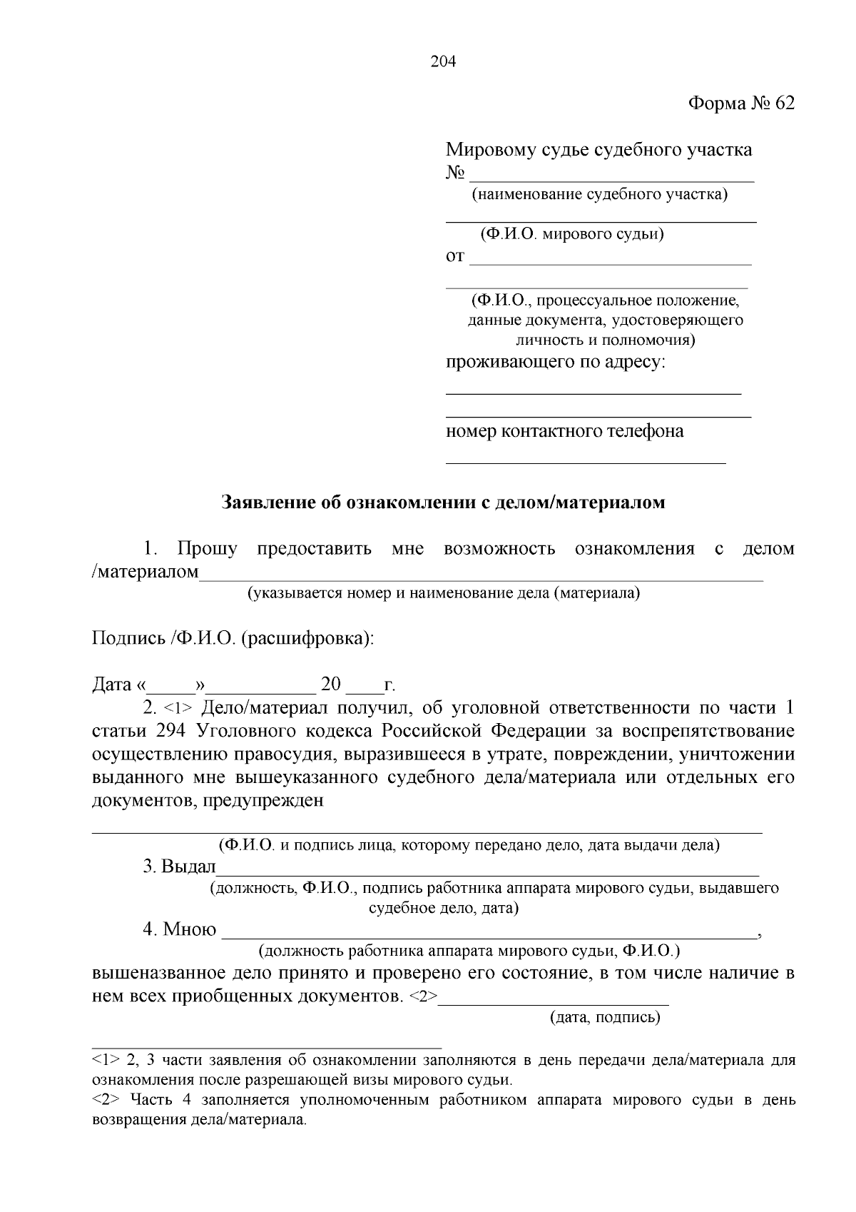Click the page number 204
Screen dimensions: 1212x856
(443, 61)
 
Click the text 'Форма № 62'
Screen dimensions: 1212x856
(740, 104)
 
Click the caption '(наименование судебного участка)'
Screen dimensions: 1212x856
(599, 195)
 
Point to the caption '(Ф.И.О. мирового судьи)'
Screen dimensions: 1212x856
(572, 234)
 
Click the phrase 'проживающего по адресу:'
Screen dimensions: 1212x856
(555, 362)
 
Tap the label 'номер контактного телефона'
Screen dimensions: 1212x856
(564, 431)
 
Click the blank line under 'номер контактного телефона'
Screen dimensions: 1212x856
(585, 462)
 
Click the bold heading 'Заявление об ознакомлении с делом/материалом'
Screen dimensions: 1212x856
(444, 503)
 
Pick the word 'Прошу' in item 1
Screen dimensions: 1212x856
(207, 549)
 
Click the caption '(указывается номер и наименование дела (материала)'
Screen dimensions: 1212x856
(443, 593)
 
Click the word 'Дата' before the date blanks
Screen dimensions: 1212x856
(111, 685)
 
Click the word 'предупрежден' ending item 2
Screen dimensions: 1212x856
(263, 800)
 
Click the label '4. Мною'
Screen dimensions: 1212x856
(179, 929)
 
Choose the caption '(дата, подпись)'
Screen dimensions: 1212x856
(605, 1017)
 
